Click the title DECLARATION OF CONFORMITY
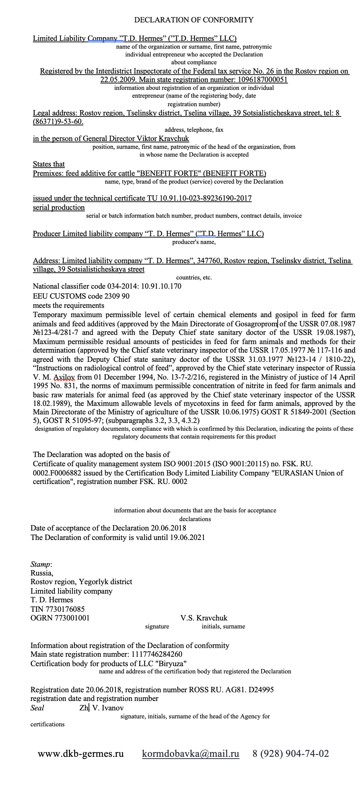pos(194,20)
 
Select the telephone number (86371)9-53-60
pos(58,122)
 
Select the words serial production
pos(59,207)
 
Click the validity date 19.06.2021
pos(187,537)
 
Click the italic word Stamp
pos(40,564)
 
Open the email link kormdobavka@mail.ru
pos(191,754)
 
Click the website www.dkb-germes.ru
pos(81,754)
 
